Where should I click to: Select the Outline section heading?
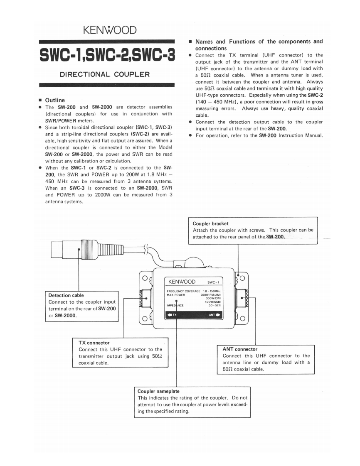pyautogui.click(x=55, y=100)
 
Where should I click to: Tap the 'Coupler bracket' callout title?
pyautogui.click(x=210, y=223)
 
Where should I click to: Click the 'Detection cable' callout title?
pyautogui.click(x=66, y=295)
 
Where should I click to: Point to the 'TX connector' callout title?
pyautogui.click(x=94, y=343)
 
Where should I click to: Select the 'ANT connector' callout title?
pyautogui.click(x=240, y=349)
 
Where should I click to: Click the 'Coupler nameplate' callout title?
pyautogui.click(x=158, y=391)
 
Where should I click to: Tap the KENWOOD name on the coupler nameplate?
pyautogui.click(x=182, y=282)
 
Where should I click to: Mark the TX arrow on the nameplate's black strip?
pyautogui.click(x=172, y=314)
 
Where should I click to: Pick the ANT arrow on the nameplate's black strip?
pyautogui.click(x=214, y=314)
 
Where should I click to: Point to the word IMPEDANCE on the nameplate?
pyautogui.click(x=175, y=305)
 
